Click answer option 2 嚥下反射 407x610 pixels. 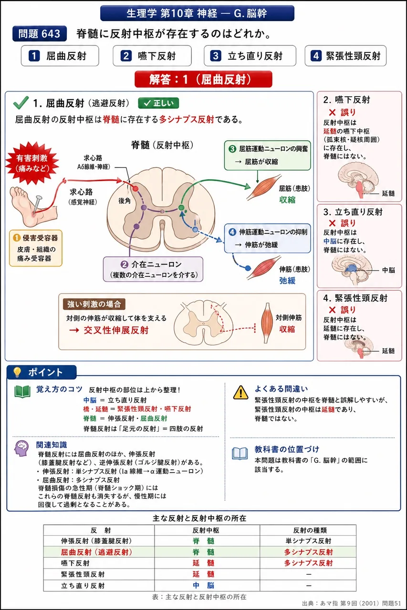point(152,56)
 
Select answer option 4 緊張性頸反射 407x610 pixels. point(345,56)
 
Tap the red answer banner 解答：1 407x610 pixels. point(203,79)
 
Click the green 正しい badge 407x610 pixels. point(158,103)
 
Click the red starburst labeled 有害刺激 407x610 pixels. point(32,163)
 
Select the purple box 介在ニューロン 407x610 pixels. point(153,269)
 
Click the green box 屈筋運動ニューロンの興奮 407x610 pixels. point(267,155)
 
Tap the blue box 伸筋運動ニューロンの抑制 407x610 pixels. point(267,239)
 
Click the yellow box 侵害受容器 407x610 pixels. point(36,248)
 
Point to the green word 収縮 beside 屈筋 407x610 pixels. point(287,200)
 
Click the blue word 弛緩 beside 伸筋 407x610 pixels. point(287,281)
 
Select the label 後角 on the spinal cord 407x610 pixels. point(125,201)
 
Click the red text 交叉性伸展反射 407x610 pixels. point(116,330)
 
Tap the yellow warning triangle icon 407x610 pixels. point(240,392)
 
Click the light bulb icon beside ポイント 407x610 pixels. point(17,372)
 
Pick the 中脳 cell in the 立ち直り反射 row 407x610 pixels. point(203,585)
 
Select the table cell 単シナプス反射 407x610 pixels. point(308,541)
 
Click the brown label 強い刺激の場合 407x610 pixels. point(94,304)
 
